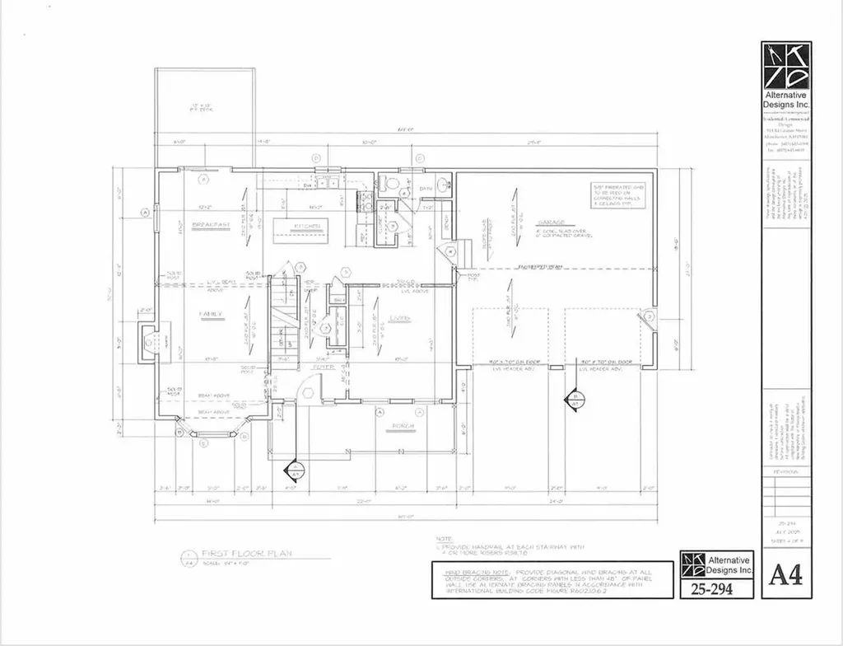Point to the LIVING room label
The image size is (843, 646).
coord(398,318)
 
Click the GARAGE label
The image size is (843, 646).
coord(550,222)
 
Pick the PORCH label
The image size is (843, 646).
coord(403,426)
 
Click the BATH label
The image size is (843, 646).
coord(426,189)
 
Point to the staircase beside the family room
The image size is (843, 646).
coord(283,317)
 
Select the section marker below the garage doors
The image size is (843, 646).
coord(574,399)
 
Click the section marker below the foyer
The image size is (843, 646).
coord(292,472)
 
